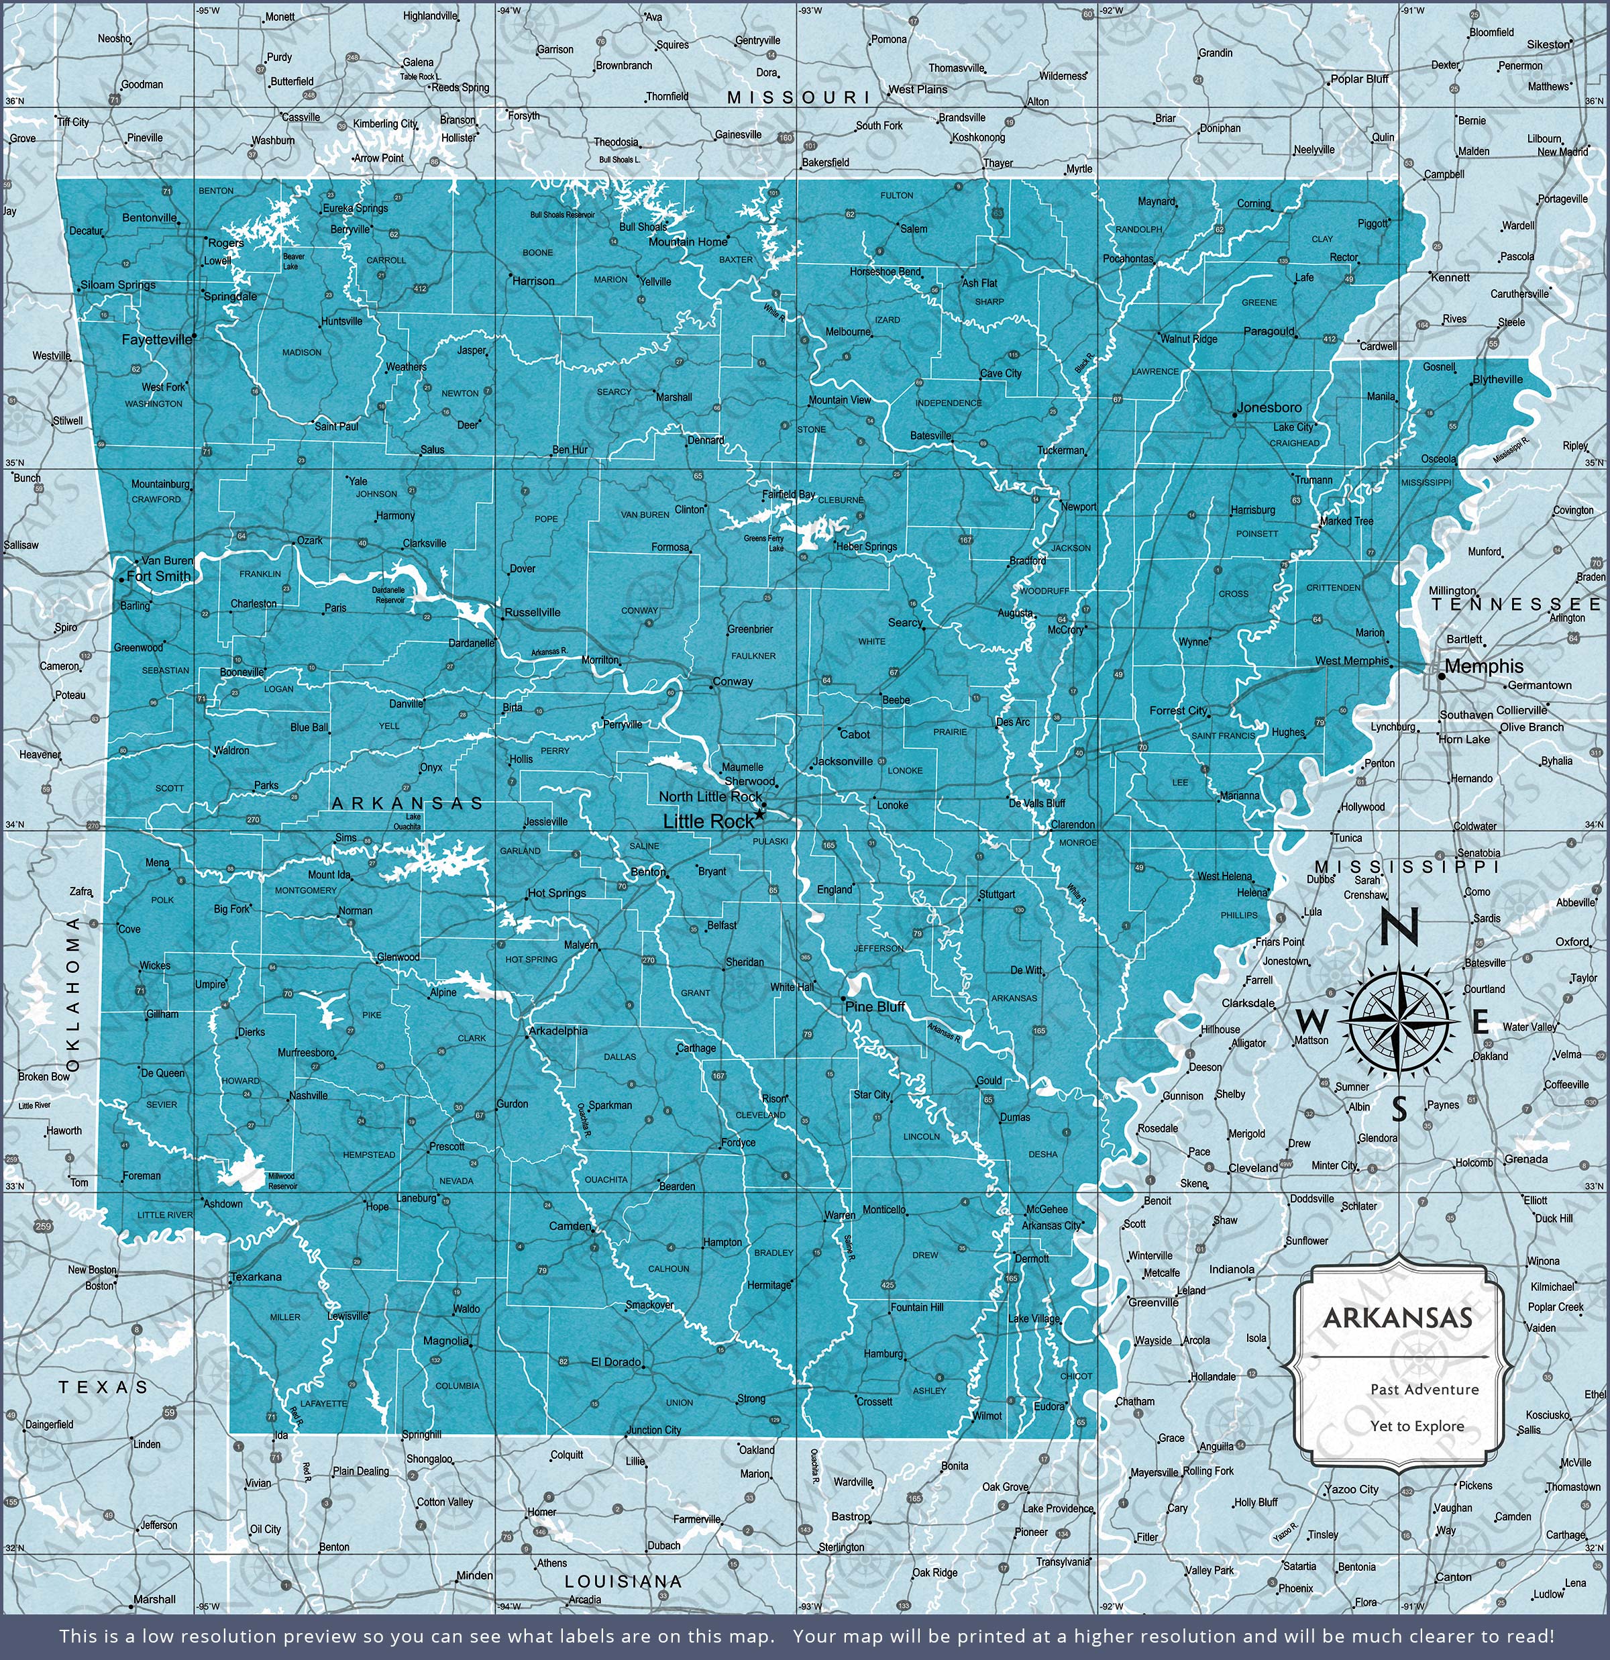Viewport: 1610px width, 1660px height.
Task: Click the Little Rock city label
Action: coord(708,821)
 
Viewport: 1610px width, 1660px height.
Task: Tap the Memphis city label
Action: coord(1483,666)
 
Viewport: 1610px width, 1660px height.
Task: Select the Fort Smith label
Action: coord(159,576)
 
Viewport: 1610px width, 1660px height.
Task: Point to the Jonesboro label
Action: coord(1269,407)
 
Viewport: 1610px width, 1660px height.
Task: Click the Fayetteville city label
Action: coord(158,340)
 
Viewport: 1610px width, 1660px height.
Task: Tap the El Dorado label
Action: coord(616,1362)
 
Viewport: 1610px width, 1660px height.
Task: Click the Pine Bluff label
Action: coord(875,1006)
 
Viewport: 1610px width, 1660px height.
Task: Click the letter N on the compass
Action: coord(1399,927)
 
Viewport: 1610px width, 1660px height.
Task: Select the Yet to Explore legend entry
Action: coord(1417,1426)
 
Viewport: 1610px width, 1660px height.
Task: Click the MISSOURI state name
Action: coord(798,97)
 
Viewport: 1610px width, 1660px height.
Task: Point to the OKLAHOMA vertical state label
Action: coord(74,992)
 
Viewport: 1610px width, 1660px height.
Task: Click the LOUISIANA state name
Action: coord(623,1581)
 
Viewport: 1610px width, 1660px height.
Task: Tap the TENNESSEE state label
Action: coord(1516,604)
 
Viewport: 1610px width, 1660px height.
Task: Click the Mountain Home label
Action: coord(688,242)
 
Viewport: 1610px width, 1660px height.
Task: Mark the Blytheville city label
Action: coord(1497,379)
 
